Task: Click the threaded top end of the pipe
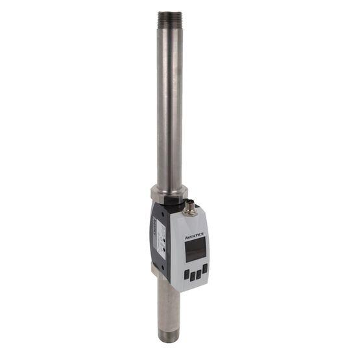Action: coord(169,18)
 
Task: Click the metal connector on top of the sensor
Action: coord(191,208)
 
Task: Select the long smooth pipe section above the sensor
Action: coord(169,104)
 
